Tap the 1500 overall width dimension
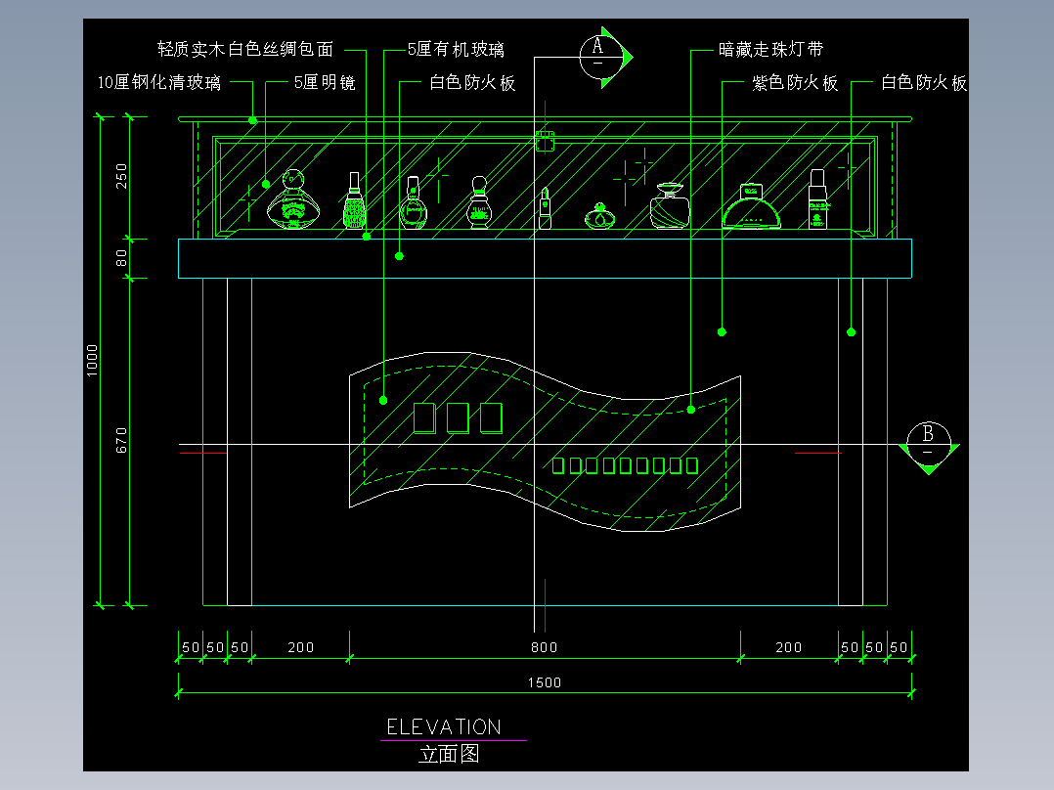click(545, 682)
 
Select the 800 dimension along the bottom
click(545, 647)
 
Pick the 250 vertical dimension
click(121, 177)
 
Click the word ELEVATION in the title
click(444, 727)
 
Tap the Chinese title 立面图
click(449, 754)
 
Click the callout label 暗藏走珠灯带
click(764, 49)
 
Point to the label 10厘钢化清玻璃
click(159, 83)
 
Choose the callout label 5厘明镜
click(324, 83)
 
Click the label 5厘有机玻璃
click(456, 49)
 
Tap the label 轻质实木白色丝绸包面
click(245, 49)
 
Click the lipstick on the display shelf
click(545, 208)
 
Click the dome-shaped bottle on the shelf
click(751, 206)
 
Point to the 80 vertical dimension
click(121, 258)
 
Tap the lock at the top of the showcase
click(545, 141)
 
